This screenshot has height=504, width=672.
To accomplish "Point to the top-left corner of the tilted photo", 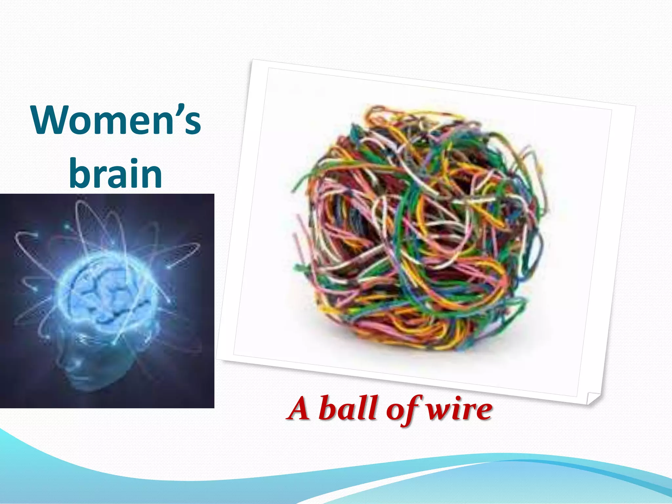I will point(253,60).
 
